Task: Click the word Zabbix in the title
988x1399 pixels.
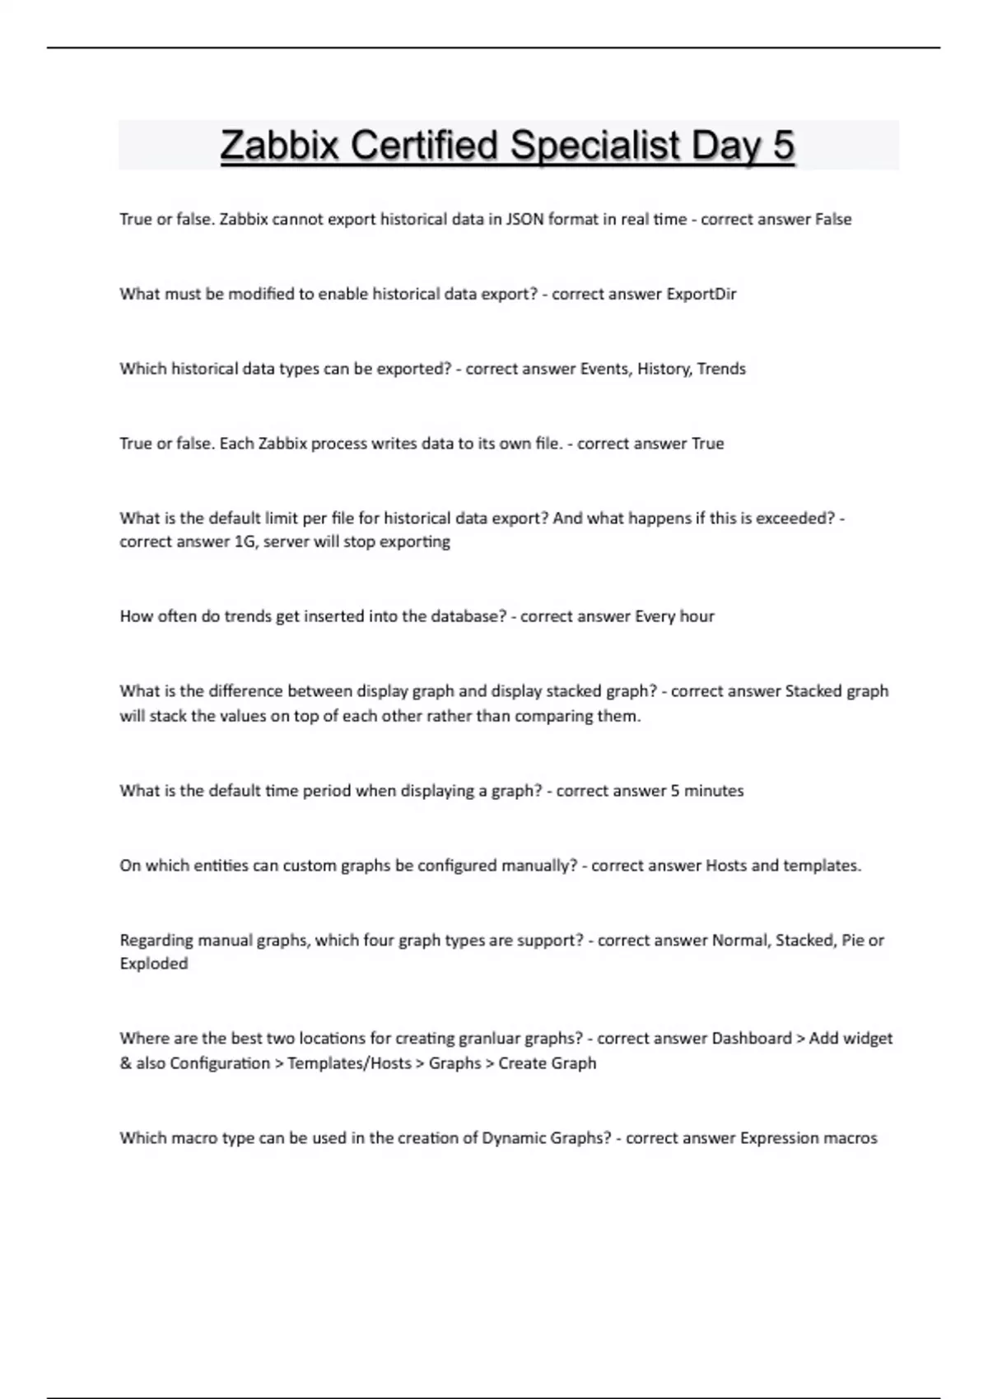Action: (280, 146)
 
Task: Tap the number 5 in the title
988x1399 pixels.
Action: (783, 146)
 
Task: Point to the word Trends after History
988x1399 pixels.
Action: (721, 369)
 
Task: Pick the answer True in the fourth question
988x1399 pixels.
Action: (707, 444)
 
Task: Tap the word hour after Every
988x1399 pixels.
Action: (697, 616)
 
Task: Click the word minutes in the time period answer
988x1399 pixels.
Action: (714, 791)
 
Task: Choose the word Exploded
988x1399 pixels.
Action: (154, 964)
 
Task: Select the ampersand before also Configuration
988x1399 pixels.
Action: (126, 1063)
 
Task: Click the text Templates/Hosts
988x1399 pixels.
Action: (349, 1063)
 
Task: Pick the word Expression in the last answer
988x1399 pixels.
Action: (778, 1138)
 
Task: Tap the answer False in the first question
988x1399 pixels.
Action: (833, 220)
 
